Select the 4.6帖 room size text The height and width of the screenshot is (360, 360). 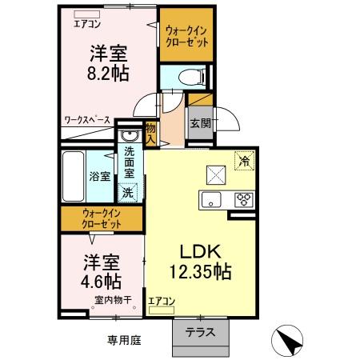pyautogui.click(x=102, y=281)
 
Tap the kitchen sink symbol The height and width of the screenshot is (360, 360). pyautogui.click(x=212, y=199)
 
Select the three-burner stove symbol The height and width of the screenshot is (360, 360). pyautogui.click(x=242, y=199)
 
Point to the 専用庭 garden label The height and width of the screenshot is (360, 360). pyautogui.click(x=124, y=340)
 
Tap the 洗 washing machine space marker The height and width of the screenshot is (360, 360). pyautogui.click(x=127, y=192)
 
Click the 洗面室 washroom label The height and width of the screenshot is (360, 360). pyautogui.click(x=128, y=164)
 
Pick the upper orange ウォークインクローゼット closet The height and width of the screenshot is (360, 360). pyautogui.click(x=186, y=36)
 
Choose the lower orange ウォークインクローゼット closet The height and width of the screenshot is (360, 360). pyautogui.click(x=101, y=218)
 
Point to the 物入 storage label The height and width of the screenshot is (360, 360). pyautogui.click(x=150, y=130)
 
